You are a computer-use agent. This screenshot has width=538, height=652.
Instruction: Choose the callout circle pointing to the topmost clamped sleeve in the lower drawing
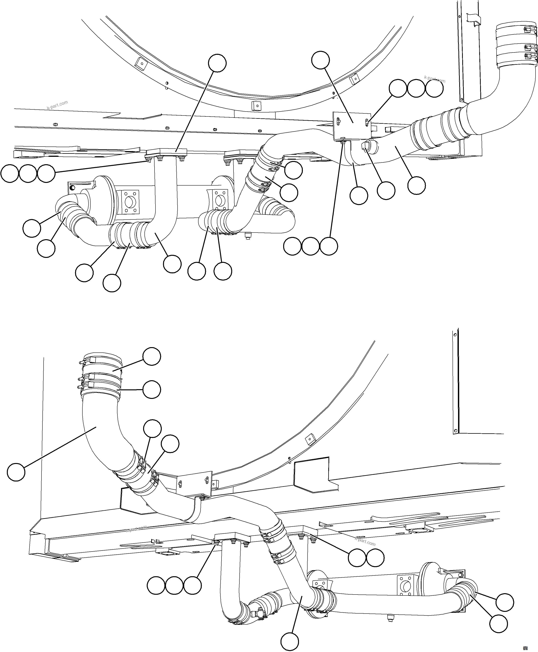pos(151,356)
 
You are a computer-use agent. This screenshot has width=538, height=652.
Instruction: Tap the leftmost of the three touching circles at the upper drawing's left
pos(10,174)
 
